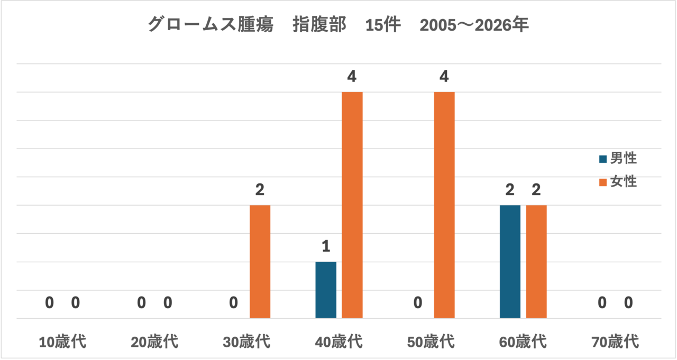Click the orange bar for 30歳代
[x=260, y=262]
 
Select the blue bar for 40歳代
[x=326, y=290]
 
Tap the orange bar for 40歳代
[x=352, y=205]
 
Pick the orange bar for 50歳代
[x=444, y=205]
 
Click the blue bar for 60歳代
[x=510, y=262]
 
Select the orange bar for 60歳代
[x=536, y=262]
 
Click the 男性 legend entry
[x=618, y=158]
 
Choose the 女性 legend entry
[x=618, y=181]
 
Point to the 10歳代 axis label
[x=62, y=342]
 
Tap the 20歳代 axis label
[x=154, y=342]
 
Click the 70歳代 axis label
[x=615, y=342]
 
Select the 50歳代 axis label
[x=431, y=342]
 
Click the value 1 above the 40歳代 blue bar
[x=326, y=246]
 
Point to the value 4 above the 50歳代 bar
[x=444, y=77]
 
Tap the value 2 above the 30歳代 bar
[x=260, y=190]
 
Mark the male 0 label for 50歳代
[x=418, y=302]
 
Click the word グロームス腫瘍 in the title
[x=211, y=24]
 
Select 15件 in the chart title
[x=383, y=25]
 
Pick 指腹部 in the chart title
[x=319, y=24]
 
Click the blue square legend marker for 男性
[x=603, y=159]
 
